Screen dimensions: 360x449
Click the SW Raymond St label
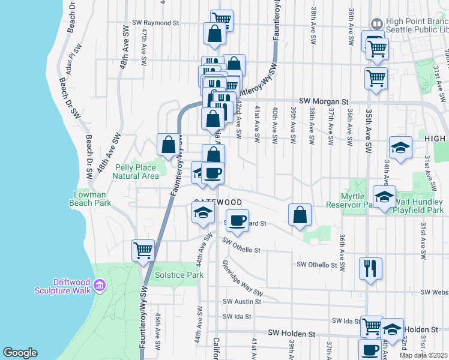coord(155,23)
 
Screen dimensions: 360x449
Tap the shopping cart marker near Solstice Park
coord(143,250)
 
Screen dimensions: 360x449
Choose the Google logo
coord(20,352)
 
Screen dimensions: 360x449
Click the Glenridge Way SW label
coord(243,277)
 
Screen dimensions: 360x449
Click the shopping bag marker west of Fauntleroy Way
coord(168,144)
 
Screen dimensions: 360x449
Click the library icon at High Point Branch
coord(376,23)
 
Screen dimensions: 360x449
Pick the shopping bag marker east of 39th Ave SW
coord(300,215)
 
